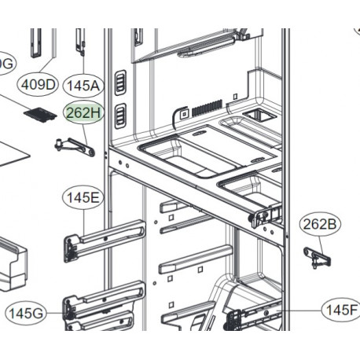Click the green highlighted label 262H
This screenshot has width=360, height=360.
click(84, 114)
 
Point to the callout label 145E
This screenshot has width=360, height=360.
click(83, 199)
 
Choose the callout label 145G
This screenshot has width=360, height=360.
click(25, 314)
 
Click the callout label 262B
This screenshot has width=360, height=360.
click(321, 225)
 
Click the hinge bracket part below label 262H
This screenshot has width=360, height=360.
click(75, 145)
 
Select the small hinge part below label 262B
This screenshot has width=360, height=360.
click(316, 255)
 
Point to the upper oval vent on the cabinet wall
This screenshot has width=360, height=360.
click(120, 81)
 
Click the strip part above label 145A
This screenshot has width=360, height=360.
click(80, 43)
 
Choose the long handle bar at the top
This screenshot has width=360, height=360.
click(208, 48)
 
